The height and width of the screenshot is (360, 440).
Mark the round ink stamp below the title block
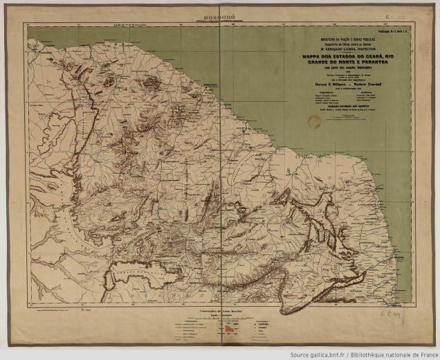295,123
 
